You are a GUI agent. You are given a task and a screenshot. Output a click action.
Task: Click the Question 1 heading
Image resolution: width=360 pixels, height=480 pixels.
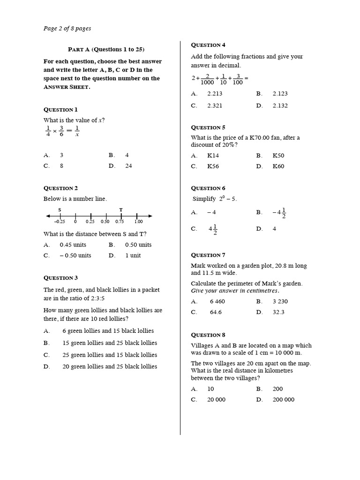pos(60,109)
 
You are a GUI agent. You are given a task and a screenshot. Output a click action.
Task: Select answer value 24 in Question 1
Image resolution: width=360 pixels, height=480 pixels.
pos(128,165)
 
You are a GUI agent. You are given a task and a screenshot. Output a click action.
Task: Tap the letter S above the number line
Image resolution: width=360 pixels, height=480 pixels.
pos(60,210)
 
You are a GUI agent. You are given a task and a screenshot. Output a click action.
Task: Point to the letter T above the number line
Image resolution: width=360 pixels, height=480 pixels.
pos(121,210)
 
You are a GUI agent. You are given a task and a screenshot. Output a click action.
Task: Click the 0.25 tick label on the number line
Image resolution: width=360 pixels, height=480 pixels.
pos(90,222)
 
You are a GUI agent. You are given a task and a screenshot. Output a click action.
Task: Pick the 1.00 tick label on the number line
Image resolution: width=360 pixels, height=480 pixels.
pos(138,222)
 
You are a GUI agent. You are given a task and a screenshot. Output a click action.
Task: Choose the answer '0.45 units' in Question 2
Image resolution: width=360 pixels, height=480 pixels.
pos(73,245)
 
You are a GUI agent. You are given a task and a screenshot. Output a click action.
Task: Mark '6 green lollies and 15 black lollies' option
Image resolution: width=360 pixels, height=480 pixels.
pos(108,331)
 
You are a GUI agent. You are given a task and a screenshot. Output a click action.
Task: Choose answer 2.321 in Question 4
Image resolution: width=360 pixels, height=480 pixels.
pos(215,105)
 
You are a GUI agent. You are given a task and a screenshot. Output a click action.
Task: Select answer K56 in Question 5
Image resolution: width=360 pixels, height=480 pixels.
pos(213,166)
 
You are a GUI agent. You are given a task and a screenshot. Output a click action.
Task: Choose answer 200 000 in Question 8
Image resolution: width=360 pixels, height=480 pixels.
pos(283,400)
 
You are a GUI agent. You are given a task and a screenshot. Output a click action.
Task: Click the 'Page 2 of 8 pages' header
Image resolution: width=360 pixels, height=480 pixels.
pos(67,29)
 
